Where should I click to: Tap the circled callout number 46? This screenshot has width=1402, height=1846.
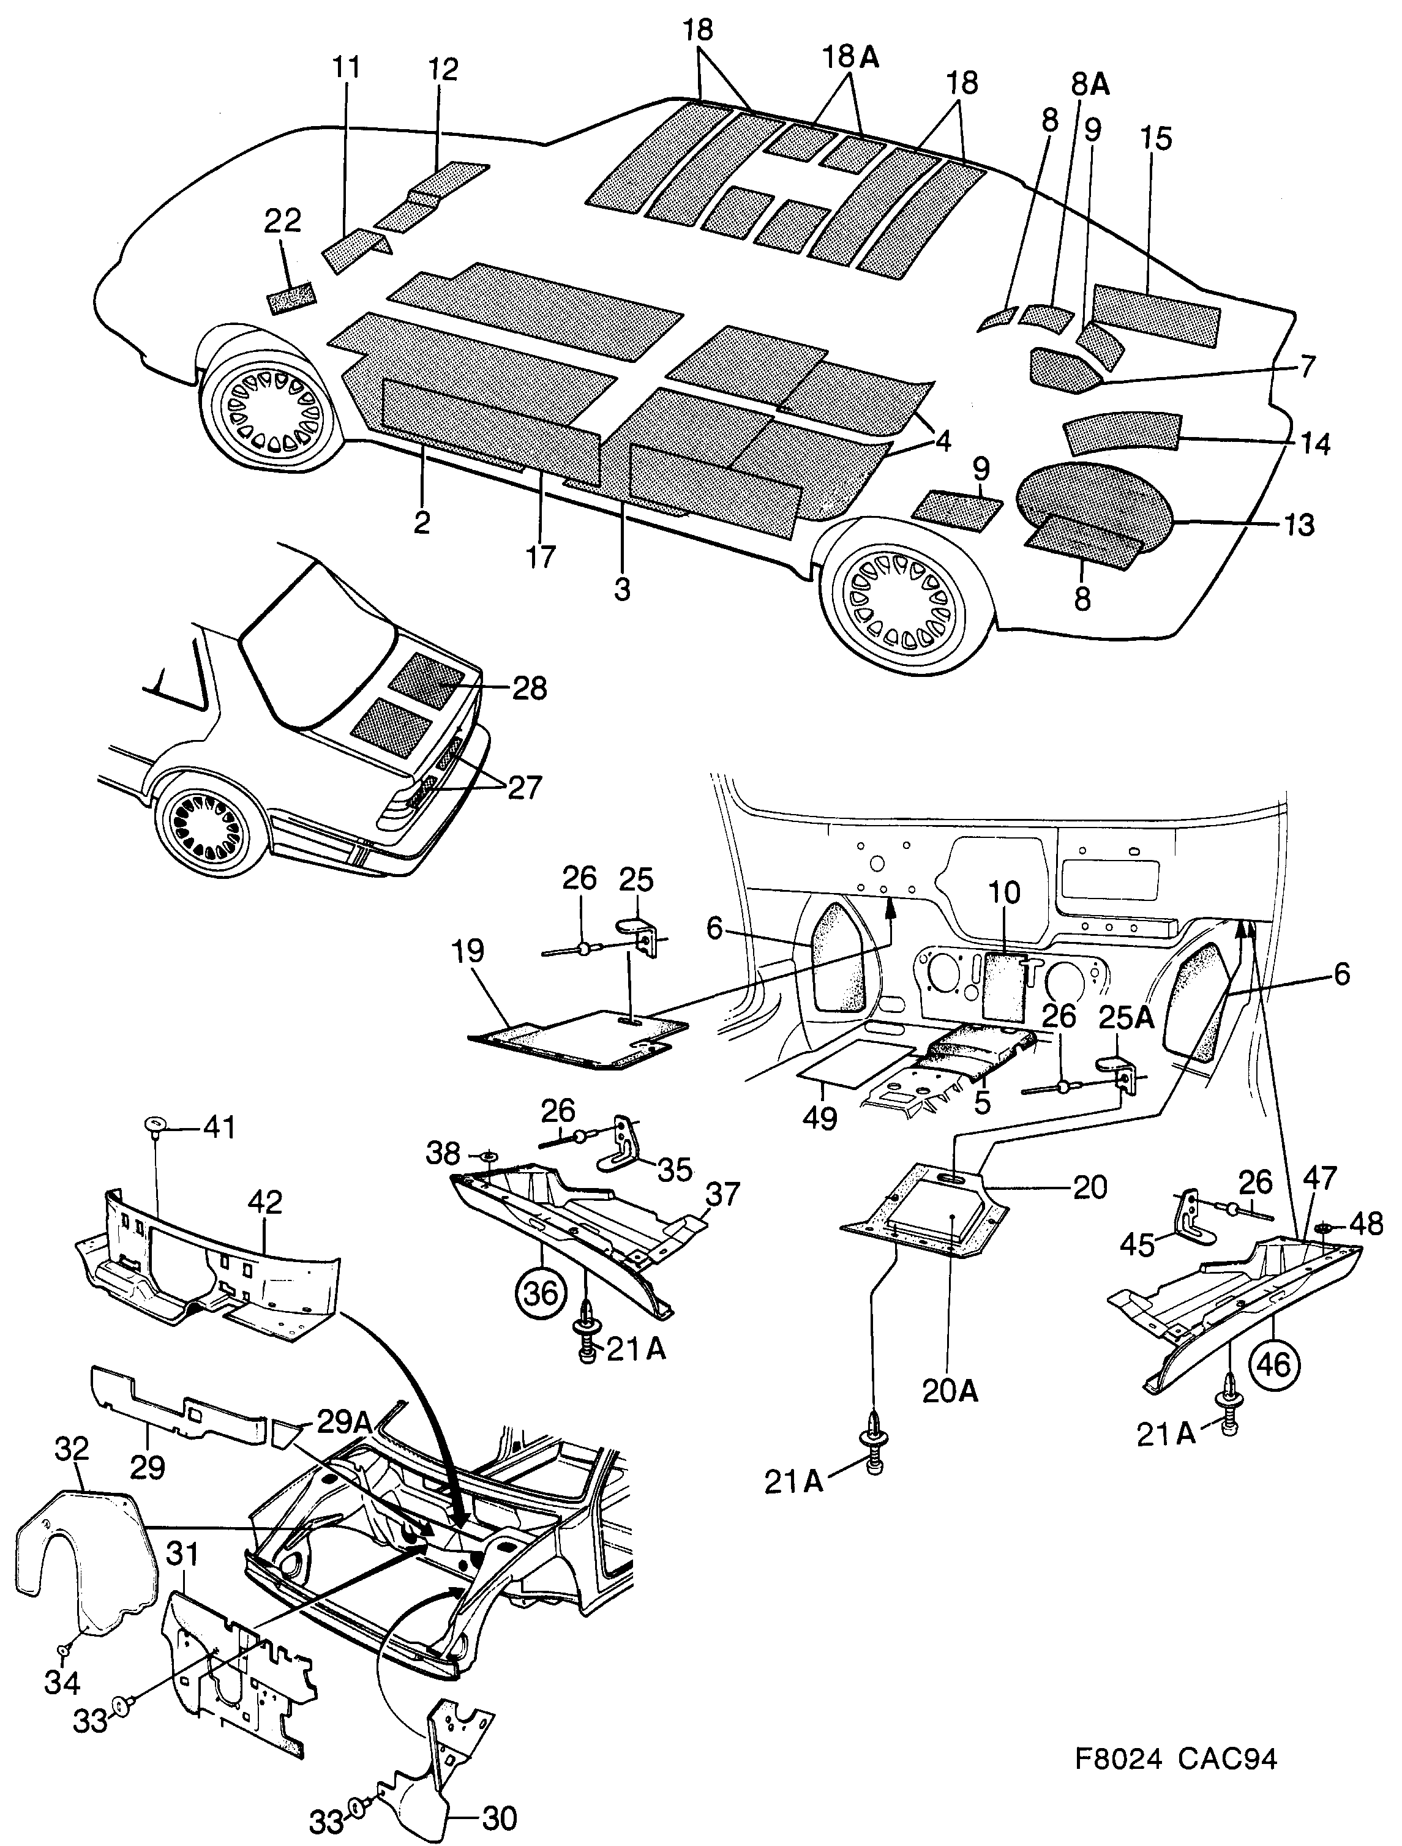coord(1273,1364)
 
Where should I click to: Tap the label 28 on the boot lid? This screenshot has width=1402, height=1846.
coord(529,689)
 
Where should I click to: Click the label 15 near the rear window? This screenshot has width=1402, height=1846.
coord(1156,138)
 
